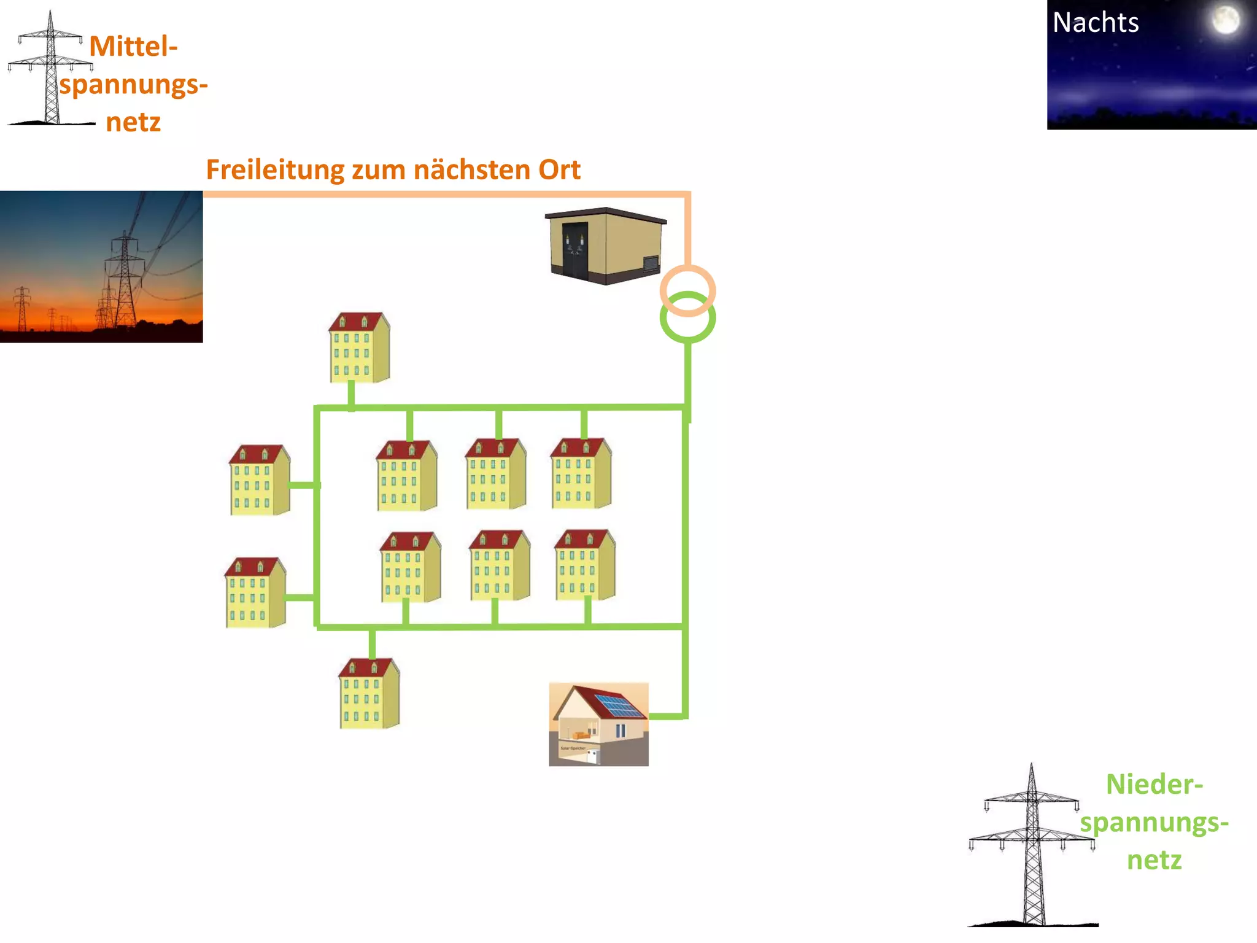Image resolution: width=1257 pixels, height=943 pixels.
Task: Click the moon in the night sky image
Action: [x=1225, y=20]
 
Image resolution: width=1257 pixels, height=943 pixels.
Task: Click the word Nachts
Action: [x=1096, y=23]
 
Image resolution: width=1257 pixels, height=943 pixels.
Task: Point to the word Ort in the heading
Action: [x=559, y=169]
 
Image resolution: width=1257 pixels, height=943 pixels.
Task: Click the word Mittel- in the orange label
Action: [x=133, y=46]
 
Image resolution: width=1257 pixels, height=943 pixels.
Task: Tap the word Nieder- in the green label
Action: [x=1154, y=785]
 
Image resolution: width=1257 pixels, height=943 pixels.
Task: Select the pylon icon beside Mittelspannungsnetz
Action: [x=51, y=71]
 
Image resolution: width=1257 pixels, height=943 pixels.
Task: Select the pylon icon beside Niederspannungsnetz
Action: [x=1032, y=847]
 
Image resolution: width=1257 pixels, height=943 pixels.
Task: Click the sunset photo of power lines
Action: [x=101, y=266]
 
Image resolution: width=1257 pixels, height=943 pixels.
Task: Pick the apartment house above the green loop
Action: [x=359, y=347]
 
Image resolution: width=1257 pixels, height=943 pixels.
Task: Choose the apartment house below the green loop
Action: [x=369, y=694]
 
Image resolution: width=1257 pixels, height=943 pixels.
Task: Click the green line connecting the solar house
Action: [x=667, y=716]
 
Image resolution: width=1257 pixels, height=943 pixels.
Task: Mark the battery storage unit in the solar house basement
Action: [x=592, y=756]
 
